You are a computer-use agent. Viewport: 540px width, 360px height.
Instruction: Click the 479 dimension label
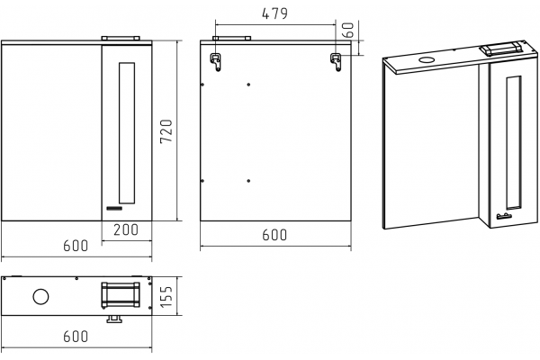point(274,13)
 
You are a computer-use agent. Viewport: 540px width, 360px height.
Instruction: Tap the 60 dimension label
point(348,30)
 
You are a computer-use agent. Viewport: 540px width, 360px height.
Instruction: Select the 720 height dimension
point(166,131)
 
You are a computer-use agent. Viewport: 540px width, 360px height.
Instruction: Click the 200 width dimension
point(126,229)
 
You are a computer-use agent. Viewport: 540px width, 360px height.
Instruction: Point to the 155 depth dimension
point(166,297)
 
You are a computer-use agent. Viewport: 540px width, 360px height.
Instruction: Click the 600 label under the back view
point(274,235)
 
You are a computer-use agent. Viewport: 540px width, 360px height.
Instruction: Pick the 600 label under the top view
point(76,337)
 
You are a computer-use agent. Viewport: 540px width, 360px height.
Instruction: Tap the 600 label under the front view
point(76,246)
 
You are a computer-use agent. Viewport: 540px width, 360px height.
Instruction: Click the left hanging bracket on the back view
point(216,62)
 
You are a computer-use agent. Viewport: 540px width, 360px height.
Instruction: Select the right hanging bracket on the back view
point(336,62)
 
